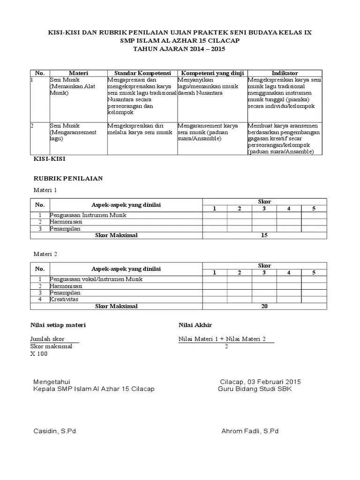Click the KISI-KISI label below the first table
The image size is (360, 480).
[x=48, y=159]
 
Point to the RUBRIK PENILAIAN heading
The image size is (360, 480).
[x=68, y=179]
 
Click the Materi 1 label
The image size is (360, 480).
[x=45, y=190]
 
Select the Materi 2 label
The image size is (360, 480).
[x=45, y=254]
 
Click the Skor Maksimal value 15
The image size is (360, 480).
[x=264, y=235]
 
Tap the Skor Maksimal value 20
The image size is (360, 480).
[x=264, y=306]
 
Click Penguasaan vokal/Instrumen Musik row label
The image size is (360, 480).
[x=96, y=279]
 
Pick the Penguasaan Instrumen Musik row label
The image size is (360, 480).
[x=89, y=215]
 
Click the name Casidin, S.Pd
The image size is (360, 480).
[x=54, y=431]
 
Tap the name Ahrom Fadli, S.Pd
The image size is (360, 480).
[x=250, y=431]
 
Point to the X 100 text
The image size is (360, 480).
[x=39, y=354]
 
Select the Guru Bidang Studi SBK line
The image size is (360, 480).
[x=255, y=389]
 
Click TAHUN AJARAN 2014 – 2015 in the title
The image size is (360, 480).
[x=180, y=48]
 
